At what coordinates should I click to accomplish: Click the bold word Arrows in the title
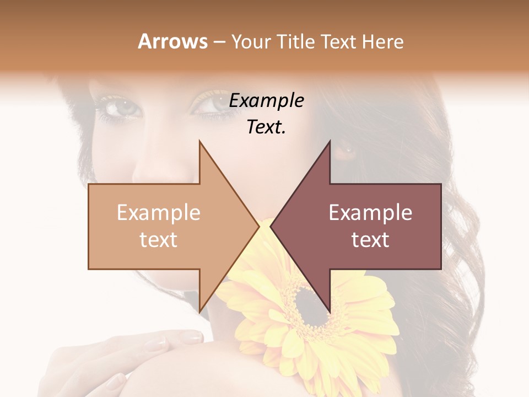[x=173, y=41]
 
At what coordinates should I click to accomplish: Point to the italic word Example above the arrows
[x=266, y=101]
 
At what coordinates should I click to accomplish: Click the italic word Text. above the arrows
[x=266, y=127]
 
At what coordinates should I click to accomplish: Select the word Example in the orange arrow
[x=159, y=213]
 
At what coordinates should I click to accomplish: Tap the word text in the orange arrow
[x=159, y=240]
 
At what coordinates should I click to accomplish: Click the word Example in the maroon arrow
[x=370, y=213]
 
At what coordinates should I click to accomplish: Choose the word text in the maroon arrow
[x=370, y=240]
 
